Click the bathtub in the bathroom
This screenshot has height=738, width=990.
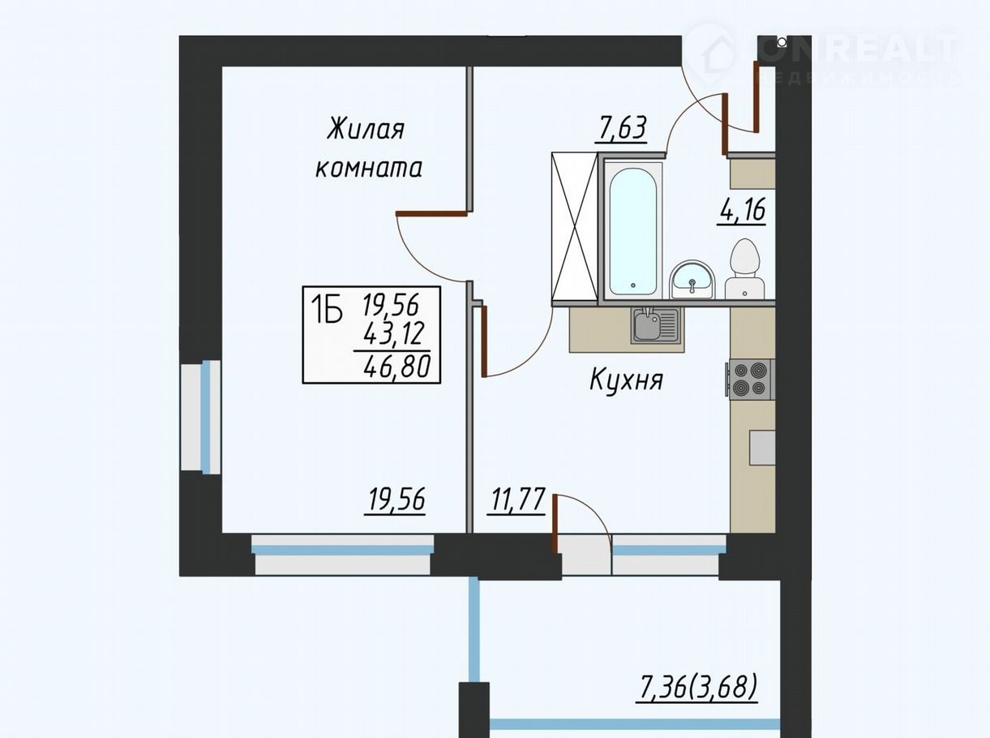(x=632, y=230)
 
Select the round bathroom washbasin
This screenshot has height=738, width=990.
(x=692, y=280)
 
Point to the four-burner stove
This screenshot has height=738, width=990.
(x=750, y=379)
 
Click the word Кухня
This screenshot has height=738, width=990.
(x=627, y=380)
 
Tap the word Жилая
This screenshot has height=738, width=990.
(x=366, y=129)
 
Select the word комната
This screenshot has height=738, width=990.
(x=368, y=168)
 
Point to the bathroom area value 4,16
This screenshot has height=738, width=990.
(x=741, y=210)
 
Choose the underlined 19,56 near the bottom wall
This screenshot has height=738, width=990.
(x=396, y=500)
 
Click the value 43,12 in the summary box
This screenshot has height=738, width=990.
(x=395, y=334)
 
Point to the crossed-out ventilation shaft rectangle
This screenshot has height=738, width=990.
(x=575, y=226)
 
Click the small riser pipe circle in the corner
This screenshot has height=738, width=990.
(x=782, y=42)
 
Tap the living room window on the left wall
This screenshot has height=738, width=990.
(x=201, y=418)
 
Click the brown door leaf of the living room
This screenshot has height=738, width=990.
(x=431, y=213)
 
